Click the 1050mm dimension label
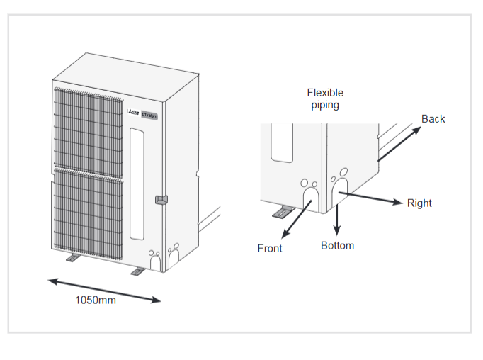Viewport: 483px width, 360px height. click(96, 300)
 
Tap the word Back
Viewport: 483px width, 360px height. click(433, 119)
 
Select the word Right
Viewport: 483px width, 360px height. click(419, 203)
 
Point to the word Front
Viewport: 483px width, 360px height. click(269, 248)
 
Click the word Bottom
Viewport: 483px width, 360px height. click(337, 246)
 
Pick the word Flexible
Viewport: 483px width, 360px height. click(325, 93)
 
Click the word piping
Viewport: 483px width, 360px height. click(324, 105)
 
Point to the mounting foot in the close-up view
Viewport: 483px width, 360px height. click(285, 210)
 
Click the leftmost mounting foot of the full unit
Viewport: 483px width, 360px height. click(74, 259)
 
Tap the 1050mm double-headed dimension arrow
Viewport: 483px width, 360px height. click(105, 291)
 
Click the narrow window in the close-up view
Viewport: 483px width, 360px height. click(281, 142)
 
